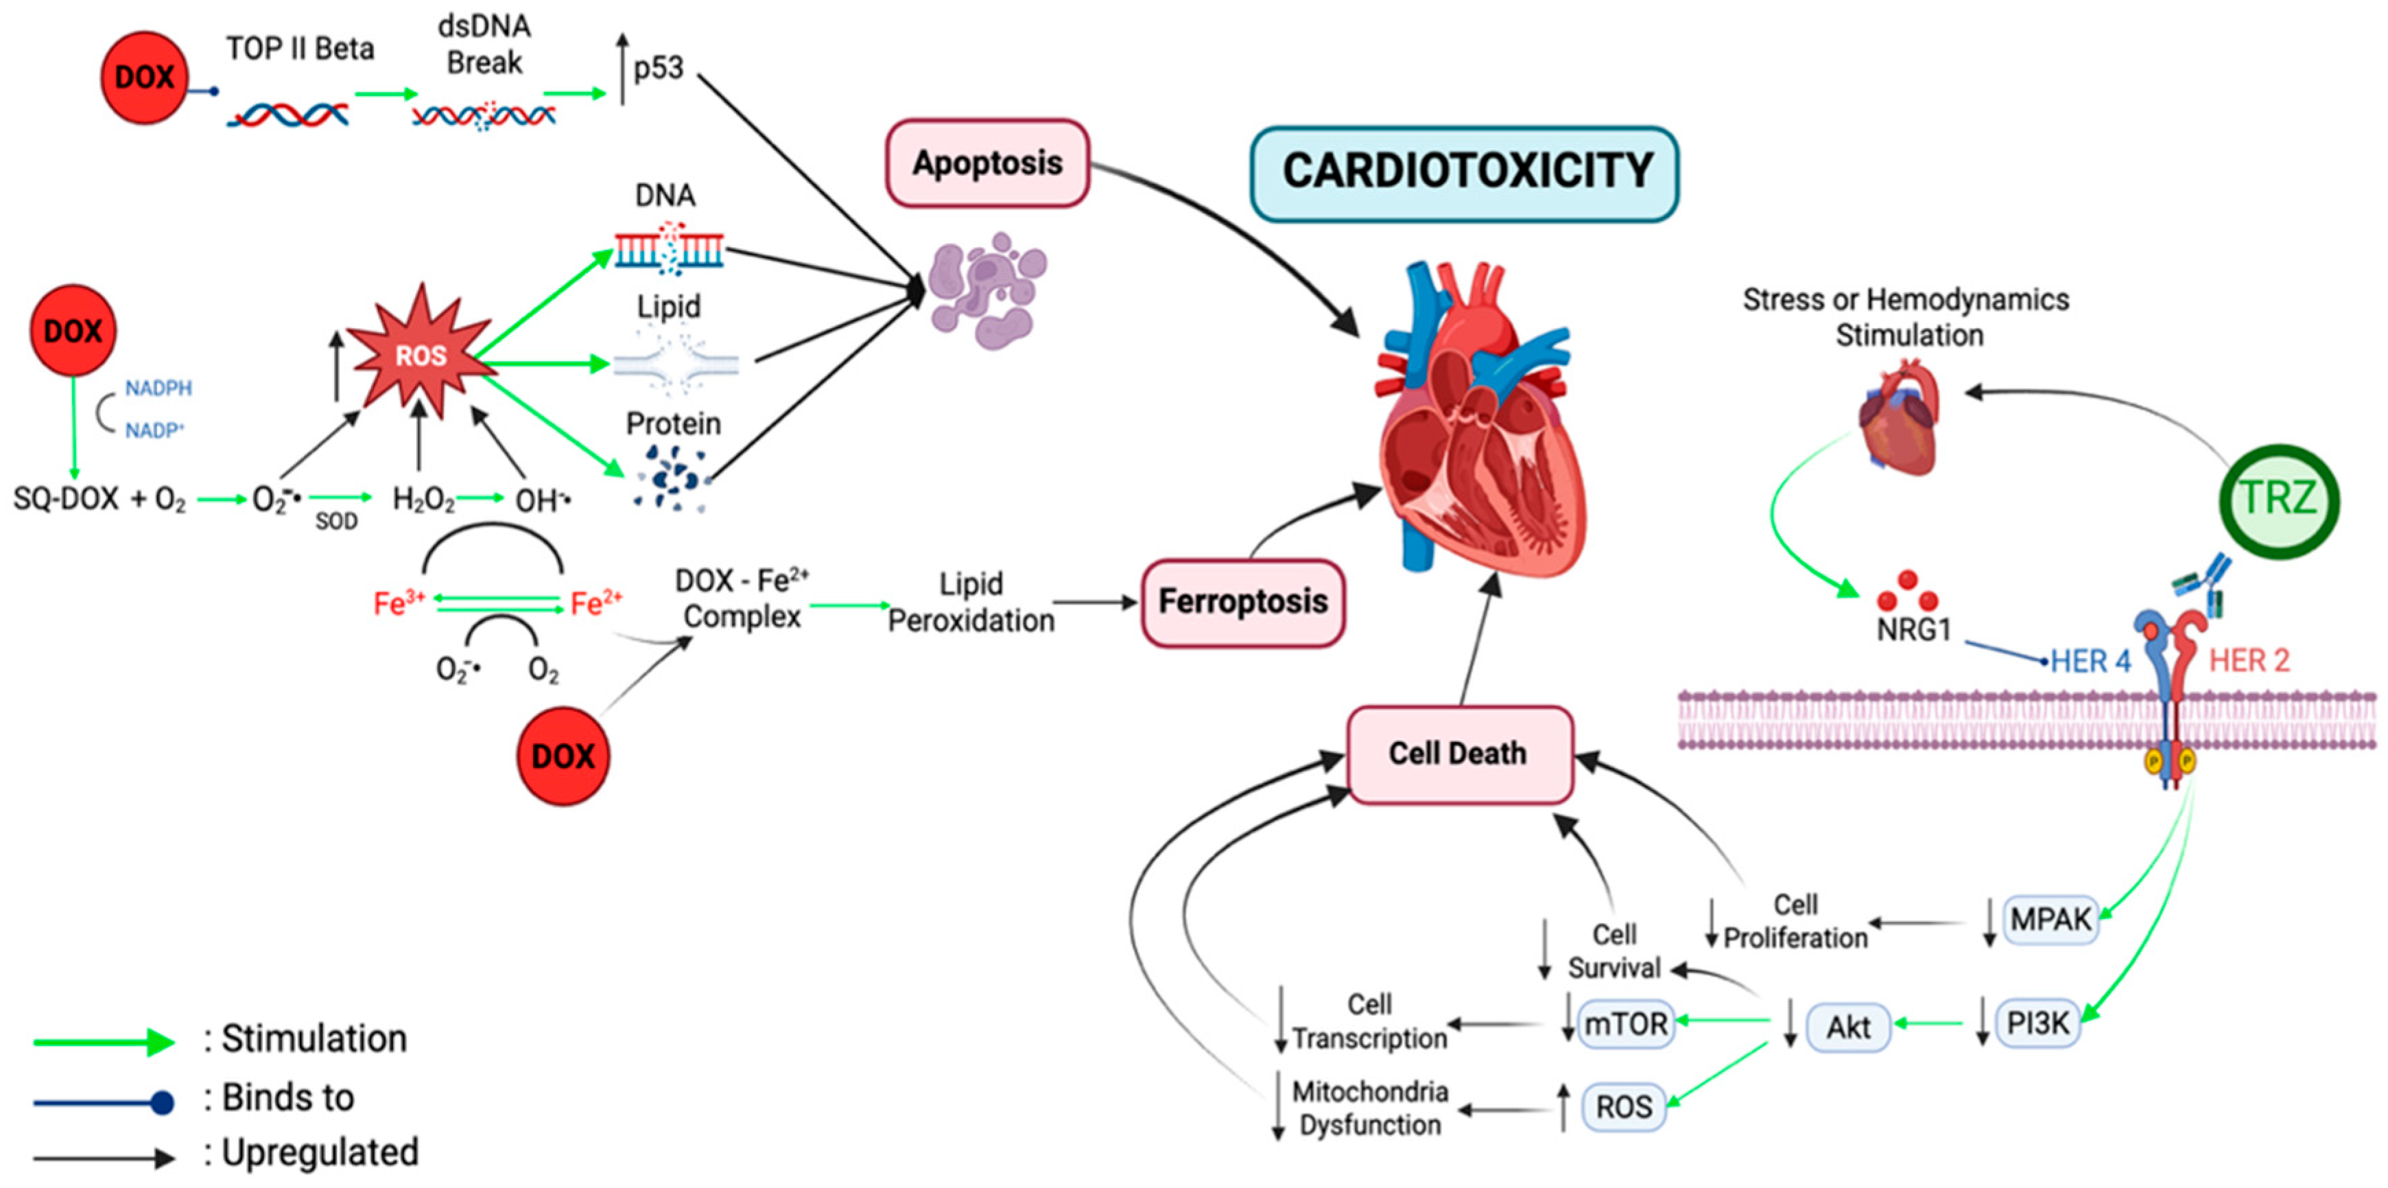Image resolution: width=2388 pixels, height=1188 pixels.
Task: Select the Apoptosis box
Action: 987,163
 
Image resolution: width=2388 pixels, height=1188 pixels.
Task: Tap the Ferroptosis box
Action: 1242,602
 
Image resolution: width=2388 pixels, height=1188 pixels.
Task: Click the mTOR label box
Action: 1626,1025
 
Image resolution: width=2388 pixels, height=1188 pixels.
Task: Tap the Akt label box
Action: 1847,1027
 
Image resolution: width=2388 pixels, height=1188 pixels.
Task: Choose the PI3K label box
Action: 2037,1024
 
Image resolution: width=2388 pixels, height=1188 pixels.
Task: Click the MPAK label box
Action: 2050,920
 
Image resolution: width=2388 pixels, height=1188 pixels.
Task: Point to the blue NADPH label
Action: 158,388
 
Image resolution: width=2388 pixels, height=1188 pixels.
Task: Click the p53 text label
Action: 658,69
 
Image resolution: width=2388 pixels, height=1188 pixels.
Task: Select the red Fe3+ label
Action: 399,604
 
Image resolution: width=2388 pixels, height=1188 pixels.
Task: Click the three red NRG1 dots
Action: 1907,592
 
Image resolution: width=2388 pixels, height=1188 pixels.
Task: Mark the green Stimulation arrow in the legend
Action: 104,1041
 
